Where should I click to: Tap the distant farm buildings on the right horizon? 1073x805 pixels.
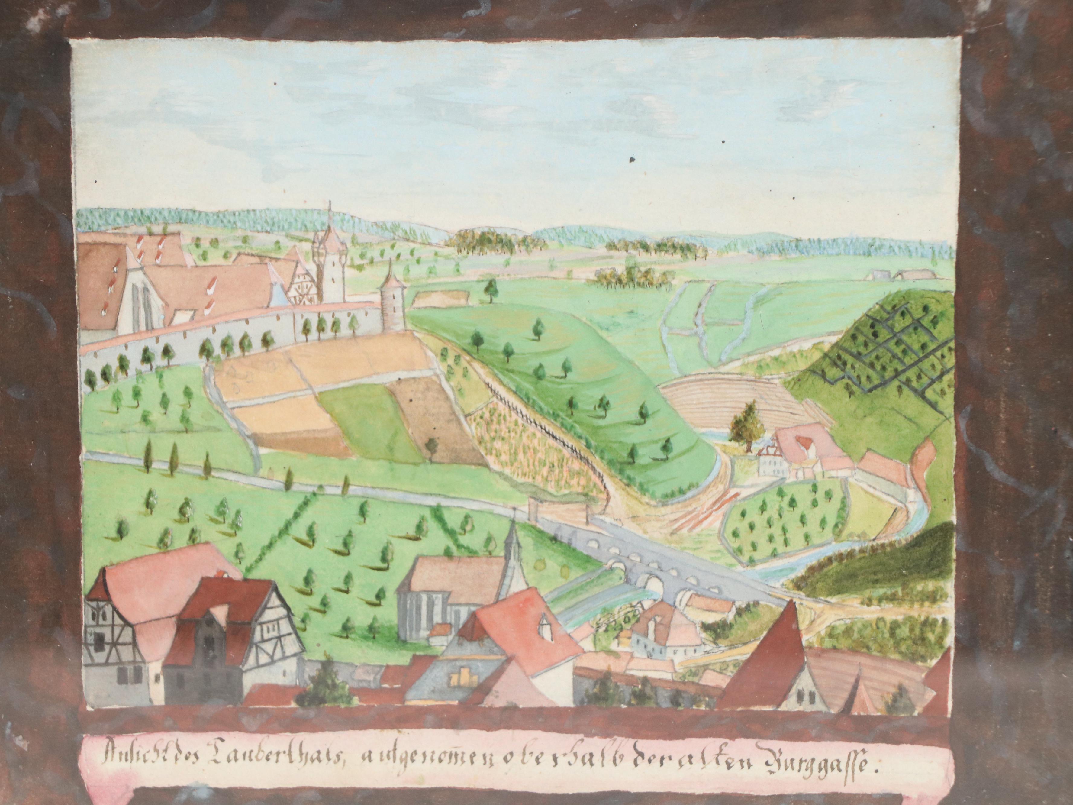pos(907,276)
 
